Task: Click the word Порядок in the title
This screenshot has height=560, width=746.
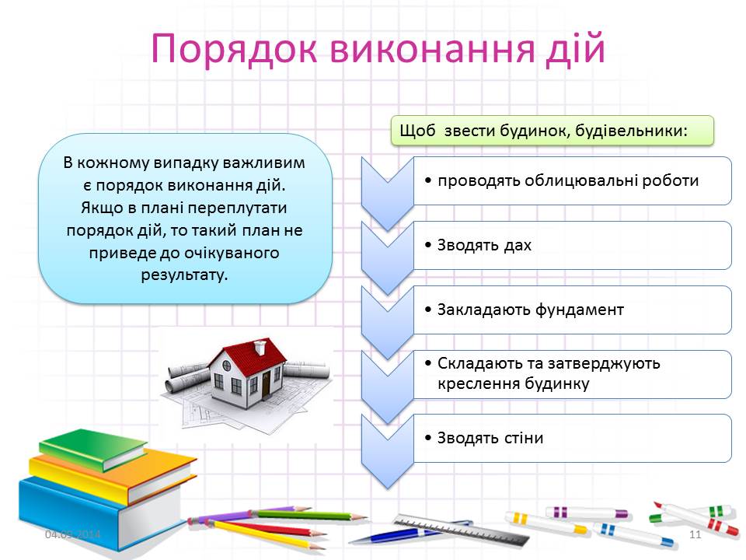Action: [x=234, y=48]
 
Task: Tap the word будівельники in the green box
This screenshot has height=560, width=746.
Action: [x=631, y=131]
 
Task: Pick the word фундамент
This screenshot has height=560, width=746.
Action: [x=580, y=310]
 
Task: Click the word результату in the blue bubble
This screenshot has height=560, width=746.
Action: [x=184, y=275]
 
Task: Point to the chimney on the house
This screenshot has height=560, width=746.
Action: [x=260, y=346]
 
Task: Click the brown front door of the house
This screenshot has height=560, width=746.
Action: [x=266, y=384]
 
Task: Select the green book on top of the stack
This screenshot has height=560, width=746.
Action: [x=92, y=447]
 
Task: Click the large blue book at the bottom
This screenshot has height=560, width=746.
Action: [x=95, y=514]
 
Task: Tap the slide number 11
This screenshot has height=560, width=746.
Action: [x=695, y=534]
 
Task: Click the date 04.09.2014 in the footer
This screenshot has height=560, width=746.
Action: [x=72, y=534]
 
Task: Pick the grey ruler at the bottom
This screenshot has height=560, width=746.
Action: [x=462, y=530]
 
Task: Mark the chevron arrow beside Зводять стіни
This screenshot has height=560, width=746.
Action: [x=387, y=451]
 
